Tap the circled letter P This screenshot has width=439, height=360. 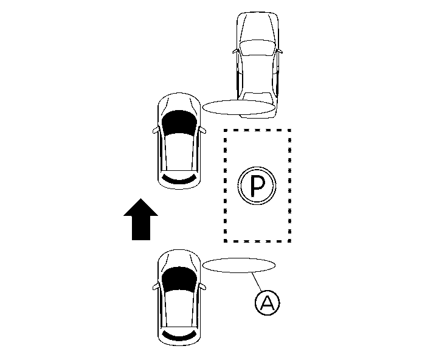coord(257,186)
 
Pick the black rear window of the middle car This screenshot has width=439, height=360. coord(178,179)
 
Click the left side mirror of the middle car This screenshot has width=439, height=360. coord(154,130)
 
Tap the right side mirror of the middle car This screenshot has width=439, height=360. coord(204,130)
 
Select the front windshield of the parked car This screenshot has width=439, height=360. coord(258,48)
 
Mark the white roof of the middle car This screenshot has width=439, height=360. coord(179,149)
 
